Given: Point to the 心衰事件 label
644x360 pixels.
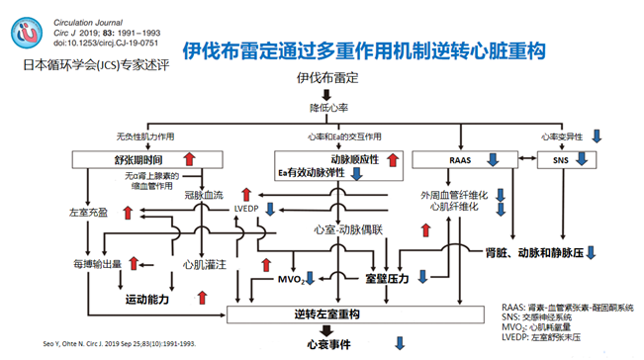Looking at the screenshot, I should [x=327, y=344].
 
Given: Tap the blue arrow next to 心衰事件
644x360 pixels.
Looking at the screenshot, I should [x=400, y=344].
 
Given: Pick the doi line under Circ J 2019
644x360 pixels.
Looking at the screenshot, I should [x=98, y=43].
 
